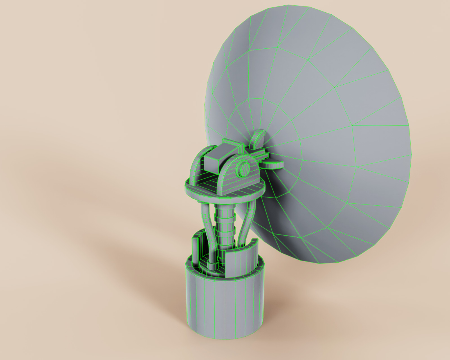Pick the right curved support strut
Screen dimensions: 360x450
(247, 222)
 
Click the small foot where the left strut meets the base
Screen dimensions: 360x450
(211, 264)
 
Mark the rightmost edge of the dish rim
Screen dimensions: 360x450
(411, 155)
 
